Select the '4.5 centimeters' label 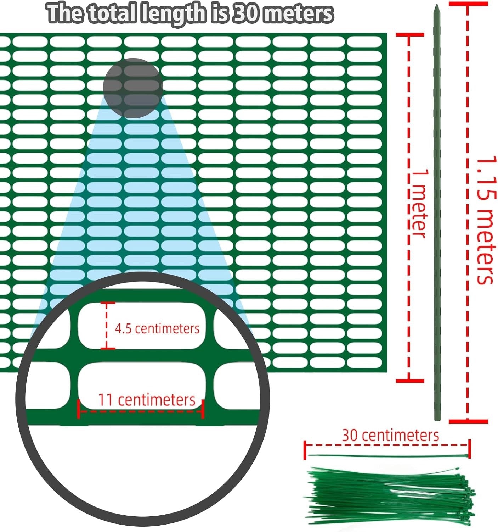click(157, 328)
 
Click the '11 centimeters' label click(147, 400)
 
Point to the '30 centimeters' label click(390, 435)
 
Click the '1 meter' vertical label click(418, 204)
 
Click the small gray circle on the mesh click(133, 88)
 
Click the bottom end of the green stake click(437, 420)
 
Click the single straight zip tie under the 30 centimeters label click(388, 456)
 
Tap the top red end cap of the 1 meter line click(410, 35)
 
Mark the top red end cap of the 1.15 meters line click(468, 4)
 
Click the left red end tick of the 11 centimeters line click(78, 409)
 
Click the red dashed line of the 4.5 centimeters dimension click(107, 326)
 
